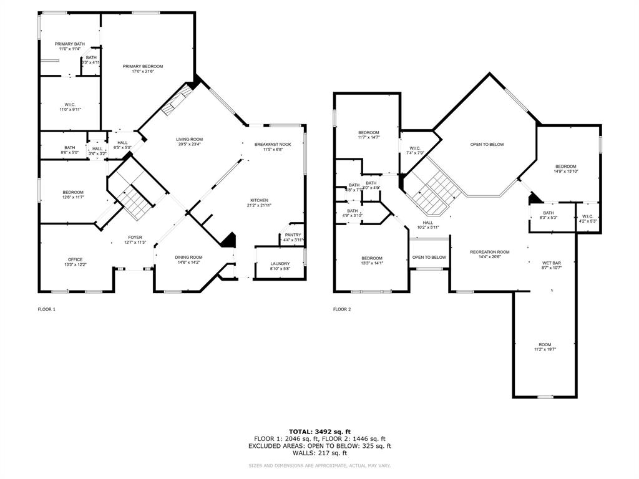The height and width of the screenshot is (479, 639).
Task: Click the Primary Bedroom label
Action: click(142, 66)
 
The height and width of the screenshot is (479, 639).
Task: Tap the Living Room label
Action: click(189, 139)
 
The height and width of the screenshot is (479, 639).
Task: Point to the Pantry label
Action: click(293, 235)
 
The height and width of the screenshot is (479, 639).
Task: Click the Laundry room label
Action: click(280, 263)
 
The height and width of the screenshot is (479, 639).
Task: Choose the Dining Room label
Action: click(188, 257)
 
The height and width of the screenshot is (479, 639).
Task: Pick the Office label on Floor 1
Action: click(75, 259)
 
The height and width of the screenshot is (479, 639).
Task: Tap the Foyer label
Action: click(135, 237)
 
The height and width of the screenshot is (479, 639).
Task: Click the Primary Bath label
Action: click(69, 44)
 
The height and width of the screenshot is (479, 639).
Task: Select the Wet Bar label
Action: click(551, 263)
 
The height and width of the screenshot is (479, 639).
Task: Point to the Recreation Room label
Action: click(490, 252)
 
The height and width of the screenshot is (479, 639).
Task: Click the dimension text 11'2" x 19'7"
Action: click(545, 350)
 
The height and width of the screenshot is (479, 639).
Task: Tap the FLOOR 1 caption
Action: click(47, 309)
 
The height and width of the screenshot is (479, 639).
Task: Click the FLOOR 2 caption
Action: click(341, 309)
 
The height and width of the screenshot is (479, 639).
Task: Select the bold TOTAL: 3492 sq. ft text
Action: click(319, 431)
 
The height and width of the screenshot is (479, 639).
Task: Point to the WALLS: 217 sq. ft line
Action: click(319, 453)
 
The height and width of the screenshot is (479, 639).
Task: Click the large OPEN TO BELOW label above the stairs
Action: click(487, 144)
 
